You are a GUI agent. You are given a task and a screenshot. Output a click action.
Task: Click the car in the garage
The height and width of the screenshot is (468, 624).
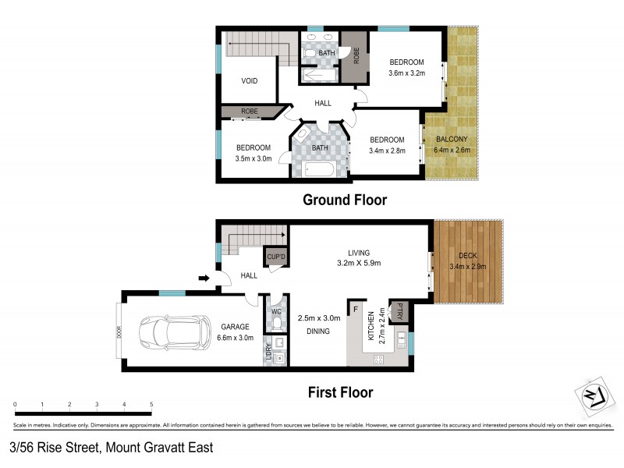[173, 333]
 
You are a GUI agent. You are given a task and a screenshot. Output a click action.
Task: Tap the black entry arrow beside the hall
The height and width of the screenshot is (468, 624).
[205, 277]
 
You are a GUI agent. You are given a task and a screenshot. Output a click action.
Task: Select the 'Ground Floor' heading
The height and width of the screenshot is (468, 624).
[345, 200]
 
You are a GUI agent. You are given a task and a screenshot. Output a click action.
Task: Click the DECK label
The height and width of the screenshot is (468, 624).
[467, 256]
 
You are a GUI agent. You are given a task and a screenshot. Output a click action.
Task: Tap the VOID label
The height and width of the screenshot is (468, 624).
[249, 81]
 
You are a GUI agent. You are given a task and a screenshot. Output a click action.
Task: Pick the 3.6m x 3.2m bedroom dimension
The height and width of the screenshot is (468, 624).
[406, 73]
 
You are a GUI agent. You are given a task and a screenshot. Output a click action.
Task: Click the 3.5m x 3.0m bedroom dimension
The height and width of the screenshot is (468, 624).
[253, 158]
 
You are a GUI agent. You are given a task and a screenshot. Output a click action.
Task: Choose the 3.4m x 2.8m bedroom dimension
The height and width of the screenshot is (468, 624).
[387, 151]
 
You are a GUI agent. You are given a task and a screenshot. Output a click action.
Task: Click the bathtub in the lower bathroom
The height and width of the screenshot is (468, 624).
[320, 168]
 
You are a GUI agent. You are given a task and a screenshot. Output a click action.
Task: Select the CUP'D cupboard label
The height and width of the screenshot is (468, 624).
[277, 257]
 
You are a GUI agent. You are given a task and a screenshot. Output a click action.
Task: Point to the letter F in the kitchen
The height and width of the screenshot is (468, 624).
[356, 310]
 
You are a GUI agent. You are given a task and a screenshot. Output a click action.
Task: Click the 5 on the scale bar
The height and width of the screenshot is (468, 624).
[151, 404]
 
